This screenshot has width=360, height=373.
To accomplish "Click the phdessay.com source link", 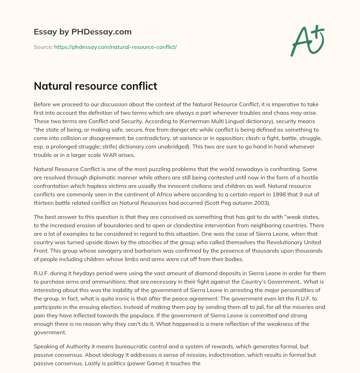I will tap(115, 47).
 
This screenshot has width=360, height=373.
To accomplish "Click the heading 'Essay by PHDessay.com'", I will tap(83, 32).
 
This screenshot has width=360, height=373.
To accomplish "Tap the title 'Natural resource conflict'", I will tap(95, 86).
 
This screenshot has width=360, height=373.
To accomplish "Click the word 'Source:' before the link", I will tap(43, 47).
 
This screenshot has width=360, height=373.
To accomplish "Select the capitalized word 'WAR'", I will tap(124, 155).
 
